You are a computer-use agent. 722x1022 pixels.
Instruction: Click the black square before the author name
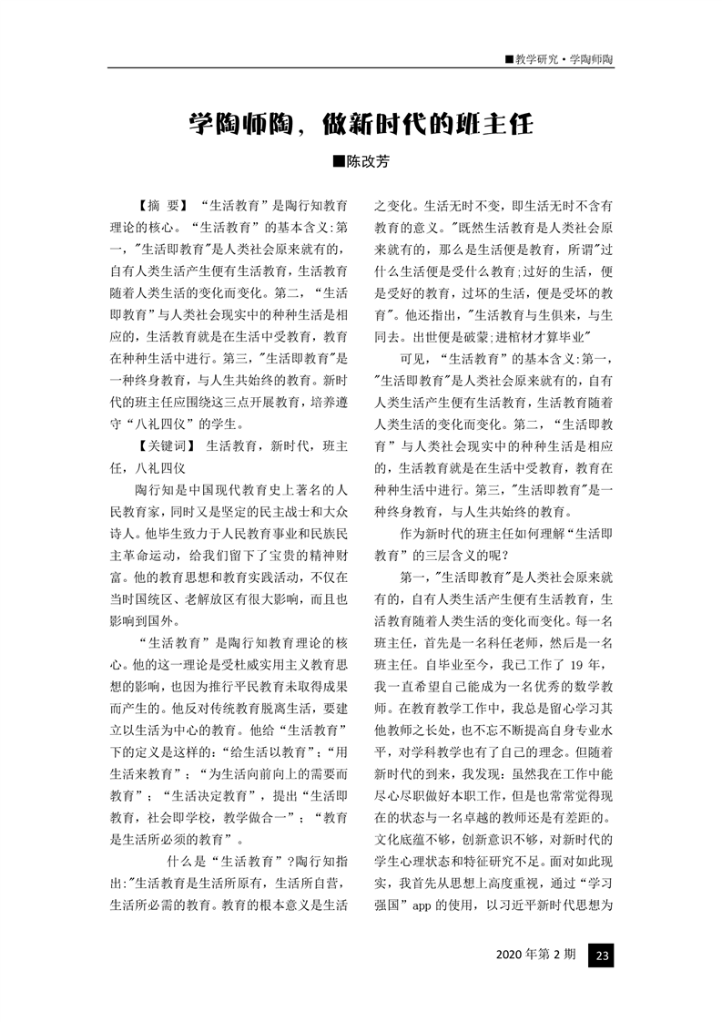339,162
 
